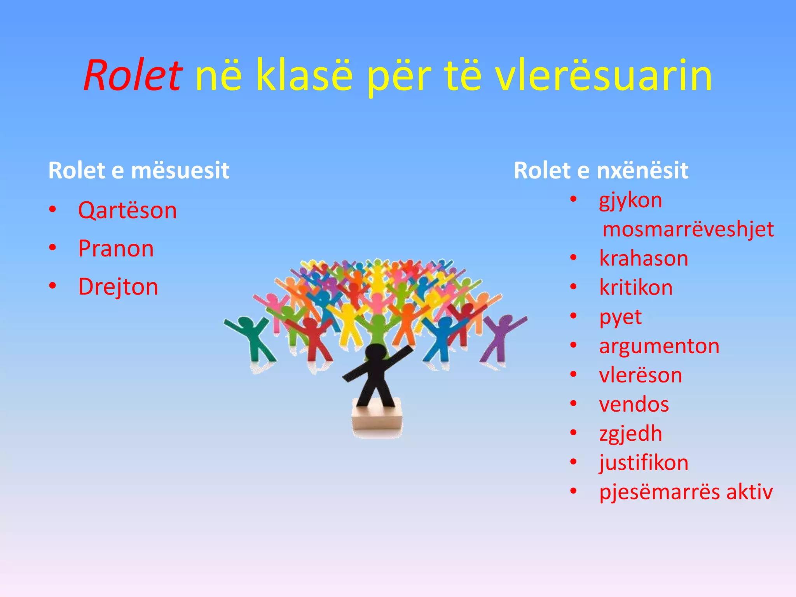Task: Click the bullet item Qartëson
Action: coord(127,211)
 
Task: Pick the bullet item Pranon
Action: coord(116,249)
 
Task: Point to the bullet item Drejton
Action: coord(118,287)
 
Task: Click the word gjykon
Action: coord(630,201)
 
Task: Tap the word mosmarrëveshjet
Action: coord(688,229)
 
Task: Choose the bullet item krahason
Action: coord(644,258)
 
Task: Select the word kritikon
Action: coord(636,288)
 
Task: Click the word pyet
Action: coord(620,318)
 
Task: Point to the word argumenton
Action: coord(659,346)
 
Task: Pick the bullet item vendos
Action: coord(634,404)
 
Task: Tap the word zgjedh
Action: coord(630,434)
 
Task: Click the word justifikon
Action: coord(644,463)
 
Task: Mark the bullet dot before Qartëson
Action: coord(53,210)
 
